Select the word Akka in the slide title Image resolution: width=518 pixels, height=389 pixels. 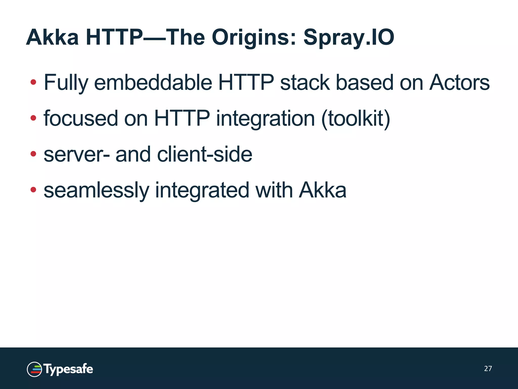coord(52,37)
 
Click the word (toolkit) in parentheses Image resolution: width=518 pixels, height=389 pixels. coord(356,118)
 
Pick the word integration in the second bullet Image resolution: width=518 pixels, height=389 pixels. coord(265,118)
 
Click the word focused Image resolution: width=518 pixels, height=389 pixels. coord(81,118)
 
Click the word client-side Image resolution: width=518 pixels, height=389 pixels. coord(205,154)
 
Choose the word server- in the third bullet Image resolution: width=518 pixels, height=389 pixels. coord(77,154)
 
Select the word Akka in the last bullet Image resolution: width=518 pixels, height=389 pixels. coord(322,190)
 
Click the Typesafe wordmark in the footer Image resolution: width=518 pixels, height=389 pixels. coord(68,369)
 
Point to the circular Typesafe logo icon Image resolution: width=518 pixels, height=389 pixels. coord(34,369)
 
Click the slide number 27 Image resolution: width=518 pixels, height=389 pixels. coord(488,368)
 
